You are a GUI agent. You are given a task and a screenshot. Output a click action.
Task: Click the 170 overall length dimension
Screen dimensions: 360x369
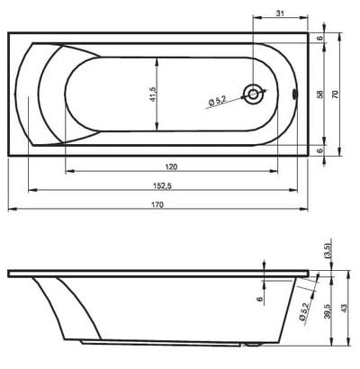pyautogui.click(x=157, y=204)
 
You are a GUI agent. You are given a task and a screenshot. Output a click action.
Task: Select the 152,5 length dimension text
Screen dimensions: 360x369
pyautogui.click(x=162, y=186)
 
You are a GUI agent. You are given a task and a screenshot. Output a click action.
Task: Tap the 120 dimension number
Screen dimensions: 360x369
pyautogui.click(x=171, y=166)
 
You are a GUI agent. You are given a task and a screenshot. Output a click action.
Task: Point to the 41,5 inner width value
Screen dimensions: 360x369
pyautogui.click(x=153, y=94)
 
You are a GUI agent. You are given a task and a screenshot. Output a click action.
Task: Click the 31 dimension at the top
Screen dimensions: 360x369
pyautogui.click(x=280, y=13)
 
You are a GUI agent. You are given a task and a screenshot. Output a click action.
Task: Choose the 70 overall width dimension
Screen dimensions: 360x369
pyautogui.click(x=335, y=94)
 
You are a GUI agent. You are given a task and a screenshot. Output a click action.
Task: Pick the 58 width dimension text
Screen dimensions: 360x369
pyautogui.click(x=320, y=94)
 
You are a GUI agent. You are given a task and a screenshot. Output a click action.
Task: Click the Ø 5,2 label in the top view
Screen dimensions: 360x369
pyautogui.click(x=217, y=101)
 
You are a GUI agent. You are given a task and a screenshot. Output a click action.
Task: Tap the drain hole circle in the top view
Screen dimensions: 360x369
pyautogui.click(x=253, y=94)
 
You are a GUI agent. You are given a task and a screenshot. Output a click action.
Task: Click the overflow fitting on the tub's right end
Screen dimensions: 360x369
pyautogui.click(x=294, y=94)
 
